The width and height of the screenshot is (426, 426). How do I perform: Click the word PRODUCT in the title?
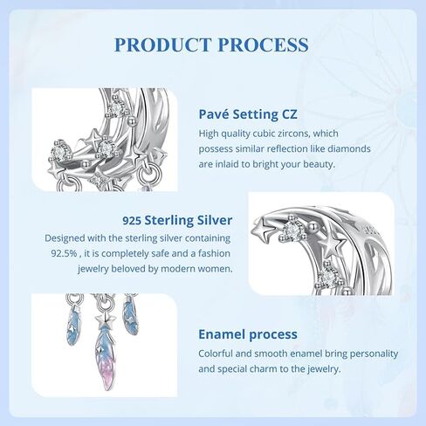(162, 45)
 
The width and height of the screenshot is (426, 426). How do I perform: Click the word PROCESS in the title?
(264, 45)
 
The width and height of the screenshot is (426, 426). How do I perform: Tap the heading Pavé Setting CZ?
(248, 114)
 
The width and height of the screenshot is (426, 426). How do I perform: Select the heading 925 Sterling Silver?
(177, 220)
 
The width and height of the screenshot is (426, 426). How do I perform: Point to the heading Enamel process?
(248, 334)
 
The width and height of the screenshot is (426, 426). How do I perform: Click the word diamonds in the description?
(349, 148)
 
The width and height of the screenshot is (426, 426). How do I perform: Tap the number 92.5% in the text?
(64, 253)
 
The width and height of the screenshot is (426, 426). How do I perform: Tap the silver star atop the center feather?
(105, 321)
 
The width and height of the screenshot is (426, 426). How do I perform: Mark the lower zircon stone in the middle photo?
(327, 278)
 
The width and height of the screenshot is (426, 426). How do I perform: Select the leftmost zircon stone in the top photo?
(58, 151)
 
